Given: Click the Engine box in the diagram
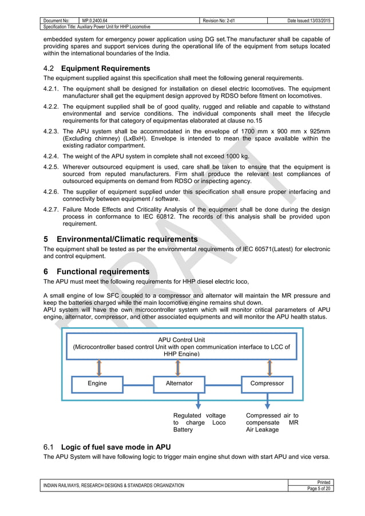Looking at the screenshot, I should [97, 383].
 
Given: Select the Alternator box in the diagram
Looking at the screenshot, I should [179, 383].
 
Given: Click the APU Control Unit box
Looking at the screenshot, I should [178, 347].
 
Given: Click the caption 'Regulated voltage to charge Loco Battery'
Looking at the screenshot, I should [199, 422].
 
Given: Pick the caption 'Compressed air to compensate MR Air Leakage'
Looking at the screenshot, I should [272, 422].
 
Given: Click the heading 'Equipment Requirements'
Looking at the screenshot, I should [98, 68].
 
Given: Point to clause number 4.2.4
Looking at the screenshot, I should [52, 156].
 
